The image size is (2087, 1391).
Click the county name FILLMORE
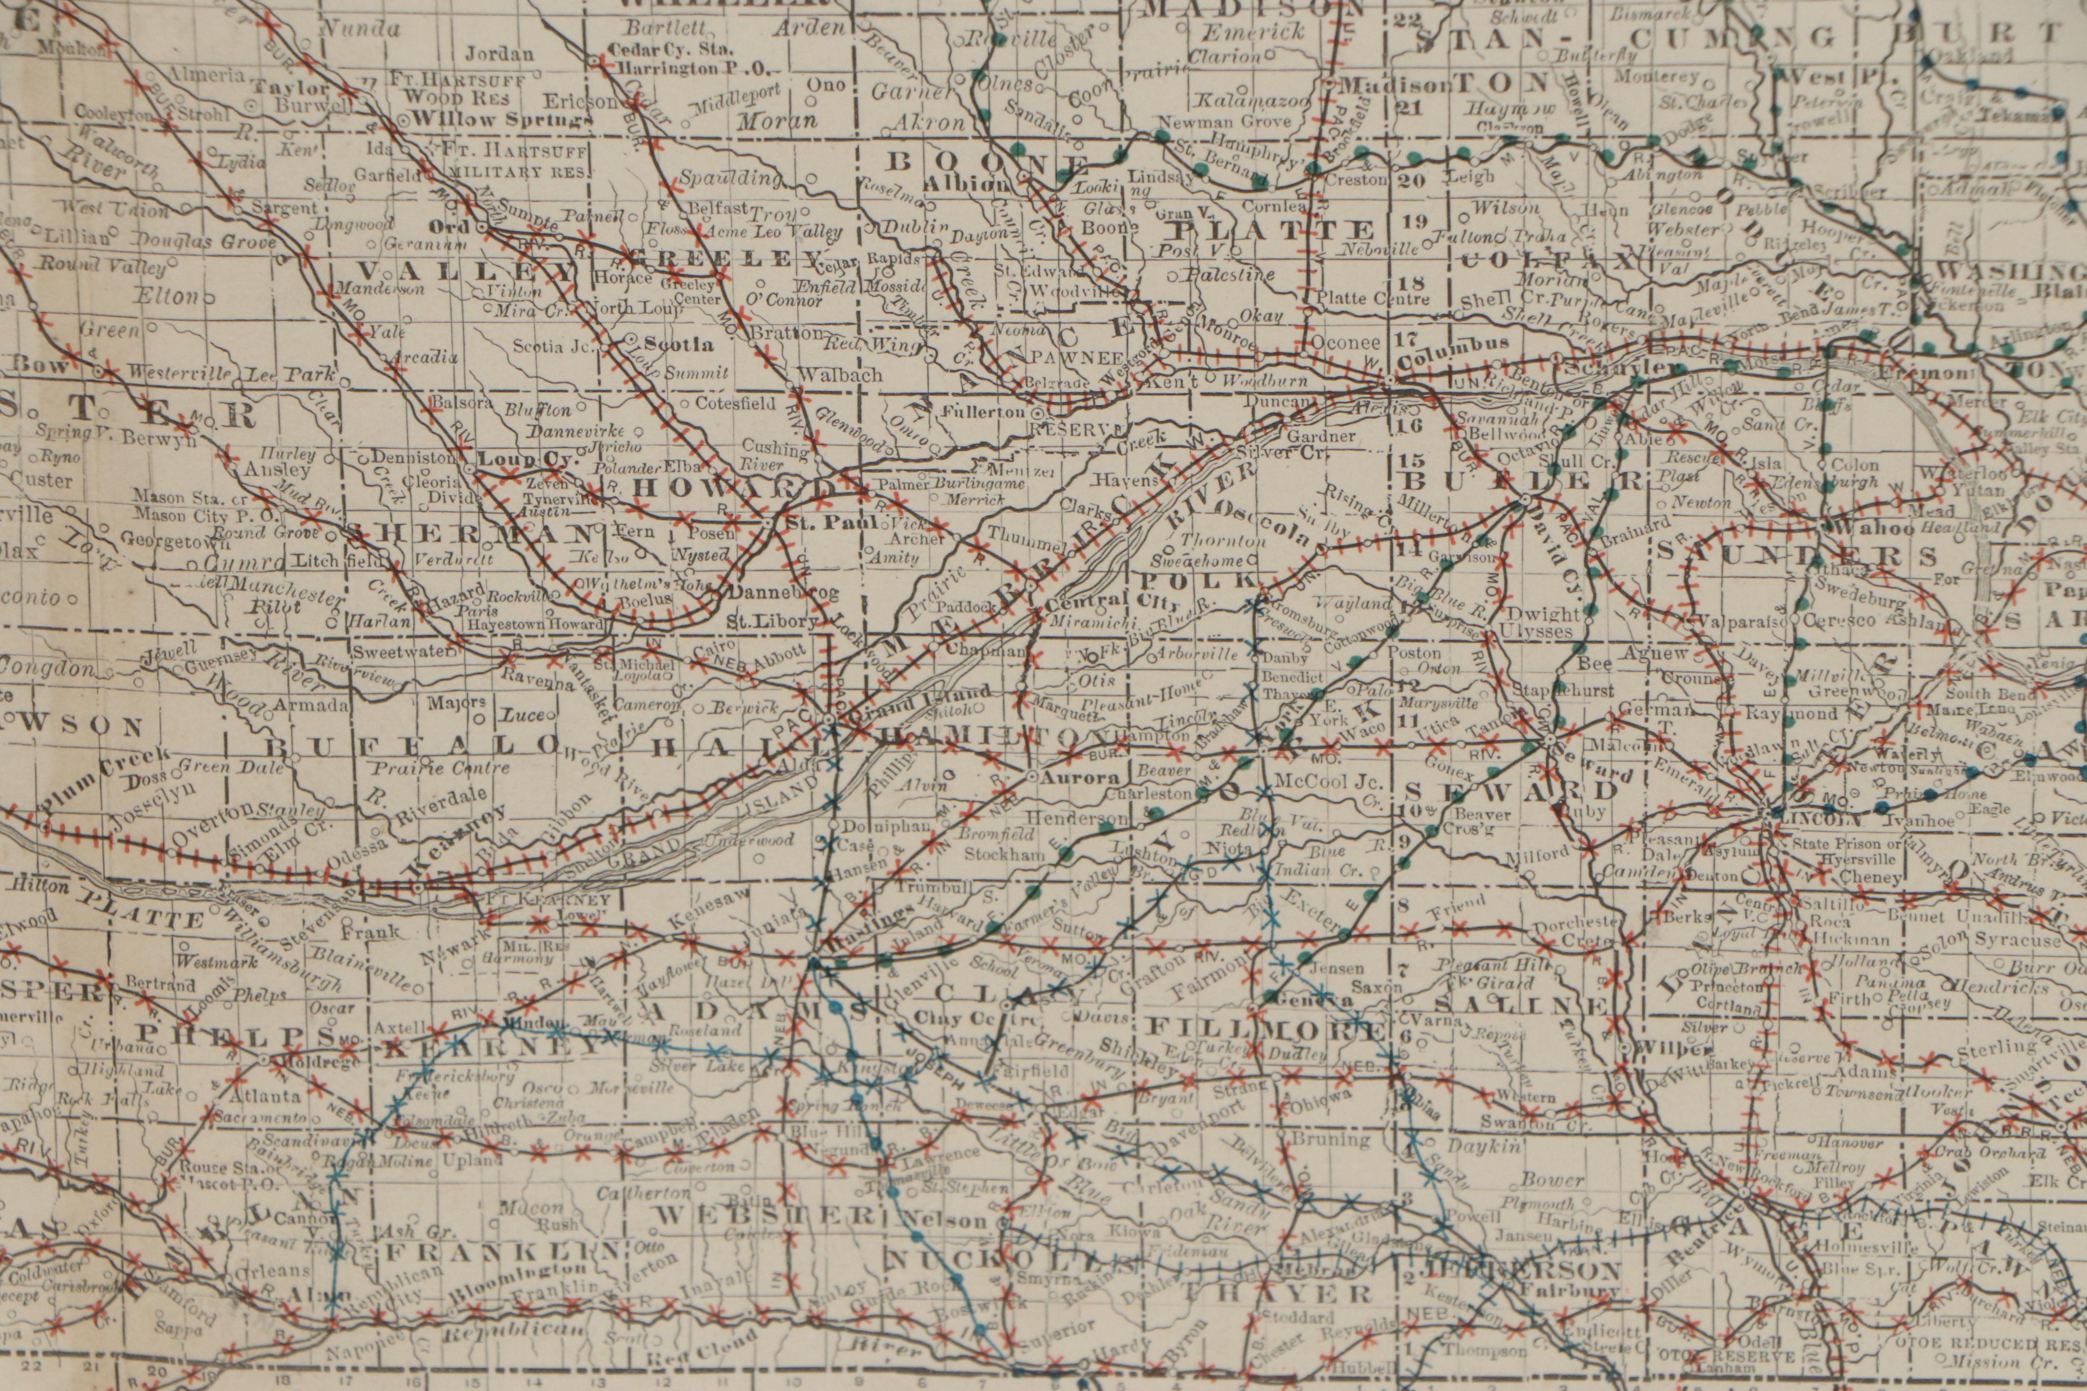pyautogui.click(x=1265, y=1028)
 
